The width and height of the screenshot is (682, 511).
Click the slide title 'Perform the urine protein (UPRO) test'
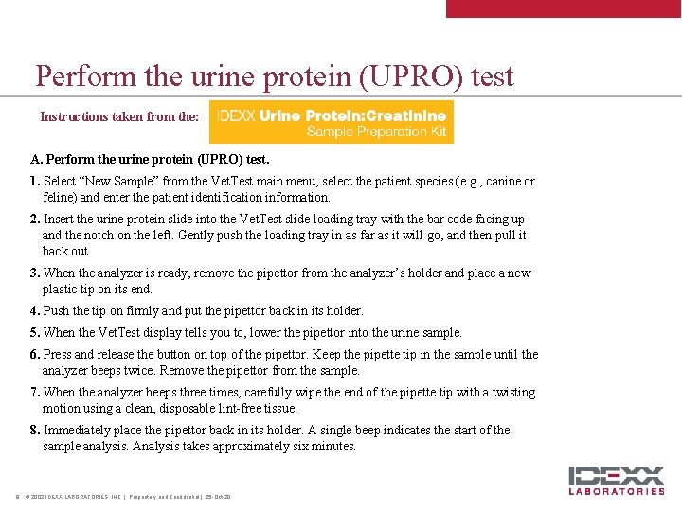coord(275,76)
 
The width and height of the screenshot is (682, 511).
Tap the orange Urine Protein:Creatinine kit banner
coord(331,122)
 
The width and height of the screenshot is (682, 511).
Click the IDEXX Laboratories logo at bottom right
coord(617,480)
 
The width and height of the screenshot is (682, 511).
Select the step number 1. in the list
coord(35,182)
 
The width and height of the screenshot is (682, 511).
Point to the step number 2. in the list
coord(35,220)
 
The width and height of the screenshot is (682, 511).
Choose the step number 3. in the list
coord(35,273)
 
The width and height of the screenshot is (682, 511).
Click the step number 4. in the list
coord(35,311)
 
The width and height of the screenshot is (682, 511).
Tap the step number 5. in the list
coord(35,333)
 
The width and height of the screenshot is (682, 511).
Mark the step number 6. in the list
coord(35,355)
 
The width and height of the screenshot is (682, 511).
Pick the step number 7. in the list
coord(35,393)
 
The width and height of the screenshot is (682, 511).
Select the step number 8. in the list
coord(35,431)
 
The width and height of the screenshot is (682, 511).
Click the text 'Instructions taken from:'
coord(119,117)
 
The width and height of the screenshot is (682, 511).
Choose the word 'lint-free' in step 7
coord(237,409)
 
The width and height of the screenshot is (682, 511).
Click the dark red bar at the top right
coord(564,9)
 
